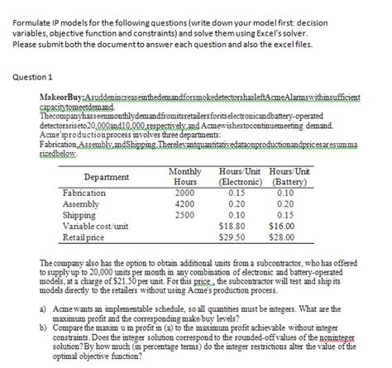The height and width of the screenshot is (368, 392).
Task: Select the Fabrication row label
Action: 84,193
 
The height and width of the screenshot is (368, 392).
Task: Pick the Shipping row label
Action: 79,214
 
